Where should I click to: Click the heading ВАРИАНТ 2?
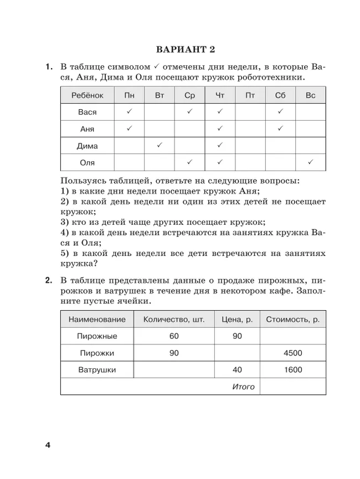click(184, 50)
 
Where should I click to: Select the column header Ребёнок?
click(87, 96)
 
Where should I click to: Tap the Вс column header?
click(310, 96)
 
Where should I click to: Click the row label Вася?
click(87, 112)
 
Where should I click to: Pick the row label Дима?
click(87, 146)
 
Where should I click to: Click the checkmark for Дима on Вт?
click(160, 146)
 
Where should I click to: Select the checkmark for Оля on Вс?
click(310, 162)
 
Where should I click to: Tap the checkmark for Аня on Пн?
click(129, 128)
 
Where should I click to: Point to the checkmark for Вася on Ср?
click(189, 112)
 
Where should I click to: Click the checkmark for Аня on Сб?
click(280, 128)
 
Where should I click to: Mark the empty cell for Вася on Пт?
click(250, 112)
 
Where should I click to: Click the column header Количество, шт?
click(174, 320)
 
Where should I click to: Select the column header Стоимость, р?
click(292, 320)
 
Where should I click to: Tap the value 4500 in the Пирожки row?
click(292, 353)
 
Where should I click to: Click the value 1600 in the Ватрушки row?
click(292, 370)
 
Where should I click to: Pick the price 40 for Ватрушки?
click(237, 370)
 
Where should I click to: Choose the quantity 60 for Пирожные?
click(174, 336)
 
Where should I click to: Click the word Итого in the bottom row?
click(244, 387)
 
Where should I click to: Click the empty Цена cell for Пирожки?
click(237, 353)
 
